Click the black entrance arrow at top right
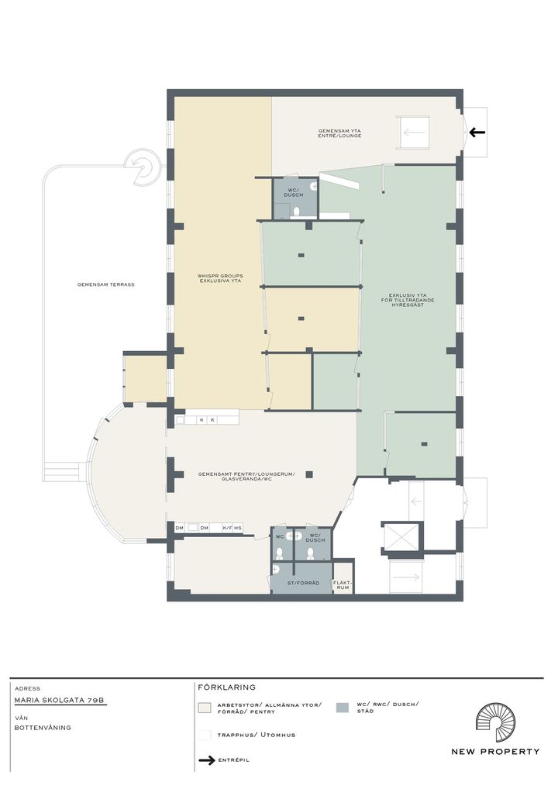click(x=477, y=133)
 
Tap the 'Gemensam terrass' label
click(x=105, y=284)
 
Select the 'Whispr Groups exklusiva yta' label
click(x=220, y=278)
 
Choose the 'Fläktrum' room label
click(x=343, y=584)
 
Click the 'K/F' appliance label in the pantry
click(x=227, y=528)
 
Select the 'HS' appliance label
click(x=237, y=528)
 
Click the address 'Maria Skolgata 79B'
click(x=60, y=701)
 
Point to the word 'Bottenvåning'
click(x=43, y=728)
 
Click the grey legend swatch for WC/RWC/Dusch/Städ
click(x=343, y=708)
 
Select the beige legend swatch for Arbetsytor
click(x=205, y=708)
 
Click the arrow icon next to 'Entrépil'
click(x=206, y=760)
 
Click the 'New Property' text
click(x=495, y=752)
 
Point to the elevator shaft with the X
click(x=401, y=537)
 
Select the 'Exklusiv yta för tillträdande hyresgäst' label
click(x=411, y=300)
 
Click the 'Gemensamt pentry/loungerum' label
click(x=246, y=477)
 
